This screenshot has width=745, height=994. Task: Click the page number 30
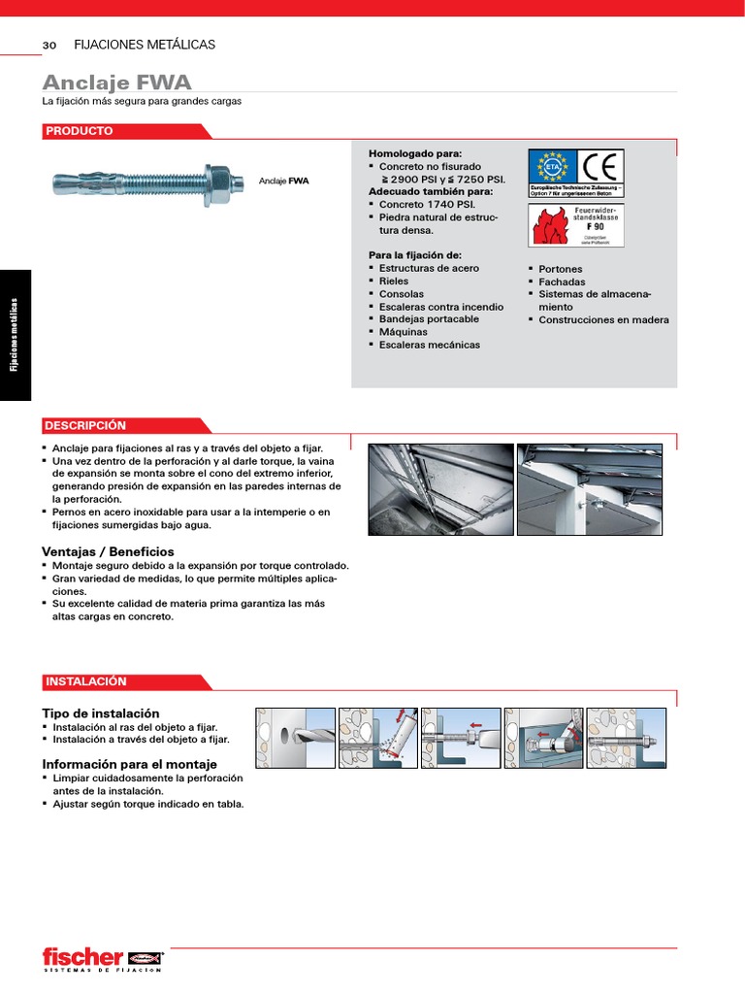[49, 46]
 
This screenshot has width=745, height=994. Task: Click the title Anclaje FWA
[117, 82]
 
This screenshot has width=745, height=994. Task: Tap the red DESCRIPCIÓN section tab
[85, 425]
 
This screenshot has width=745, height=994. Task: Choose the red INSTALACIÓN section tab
[85, 681]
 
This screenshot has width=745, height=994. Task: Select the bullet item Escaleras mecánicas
[429, 345]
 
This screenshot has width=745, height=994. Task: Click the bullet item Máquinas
[403, 332]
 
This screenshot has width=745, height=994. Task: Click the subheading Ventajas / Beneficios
[109, 551]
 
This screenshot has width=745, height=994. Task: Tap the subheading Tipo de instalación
[101, 713]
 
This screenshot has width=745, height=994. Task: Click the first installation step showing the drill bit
[295, 738]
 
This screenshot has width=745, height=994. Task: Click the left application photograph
[440, 489]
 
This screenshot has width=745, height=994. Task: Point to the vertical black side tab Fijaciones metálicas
[16, 335]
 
